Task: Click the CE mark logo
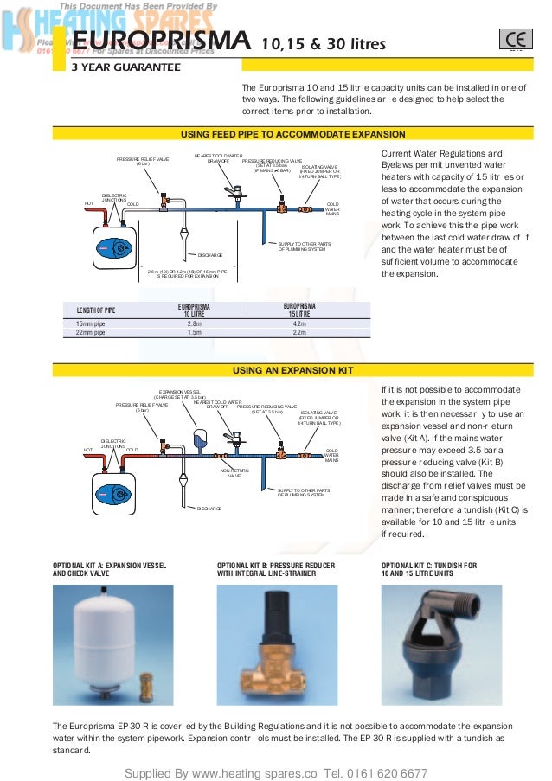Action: [511, 41]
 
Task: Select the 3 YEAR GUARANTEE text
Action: [125, 67]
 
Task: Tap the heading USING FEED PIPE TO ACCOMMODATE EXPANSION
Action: [292, 135]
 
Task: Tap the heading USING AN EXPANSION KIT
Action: [293, 370]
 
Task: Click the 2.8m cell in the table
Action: [194, 323]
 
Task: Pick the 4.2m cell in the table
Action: [300, 323]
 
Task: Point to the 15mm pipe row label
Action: [91, 323]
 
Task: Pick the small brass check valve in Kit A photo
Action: [146, 671]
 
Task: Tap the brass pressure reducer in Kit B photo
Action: [263, 649]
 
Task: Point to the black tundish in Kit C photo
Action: [437, 640]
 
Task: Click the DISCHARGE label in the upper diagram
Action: [209, 254]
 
